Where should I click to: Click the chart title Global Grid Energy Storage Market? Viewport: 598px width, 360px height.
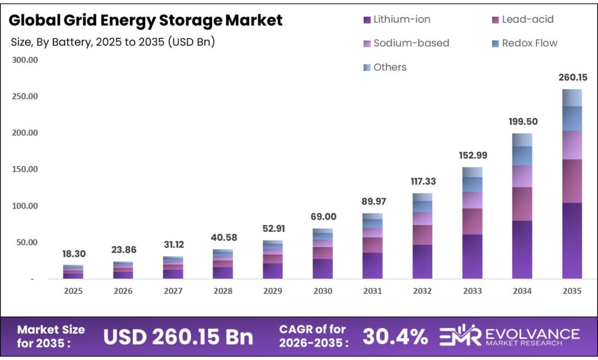tap(146, 20)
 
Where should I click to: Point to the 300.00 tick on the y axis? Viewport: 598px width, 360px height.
tap(25, 60)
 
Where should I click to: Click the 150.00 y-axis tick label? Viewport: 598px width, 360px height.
tap(25, 169)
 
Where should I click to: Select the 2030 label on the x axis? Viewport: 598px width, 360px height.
tap(322, 291)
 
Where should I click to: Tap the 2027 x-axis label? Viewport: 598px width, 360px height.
tap(173, 291)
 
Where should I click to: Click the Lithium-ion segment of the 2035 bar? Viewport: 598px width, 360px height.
tap(572, 240)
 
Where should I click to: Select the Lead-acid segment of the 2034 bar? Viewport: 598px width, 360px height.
tap(522, 203)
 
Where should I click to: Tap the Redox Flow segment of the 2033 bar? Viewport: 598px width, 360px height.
tap(472, 184)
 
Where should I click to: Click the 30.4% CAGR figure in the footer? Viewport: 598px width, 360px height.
tap(395, 336)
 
